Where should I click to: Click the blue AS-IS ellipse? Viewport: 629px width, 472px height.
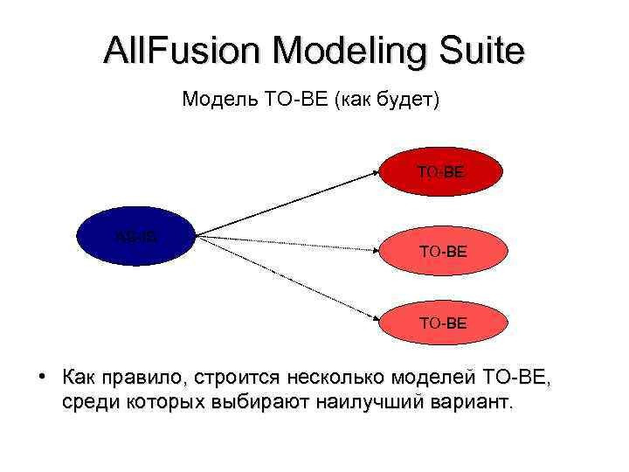tap(136, 235)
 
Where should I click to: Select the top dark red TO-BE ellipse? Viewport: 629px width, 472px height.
tap(441, 173)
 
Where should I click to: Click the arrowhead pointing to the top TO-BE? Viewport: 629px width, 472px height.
tap(374, 172)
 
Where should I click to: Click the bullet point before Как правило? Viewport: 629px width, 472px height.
tap(41, 378)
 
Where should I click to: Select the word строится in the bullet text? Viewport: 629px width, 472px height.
tap(236, 378)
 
